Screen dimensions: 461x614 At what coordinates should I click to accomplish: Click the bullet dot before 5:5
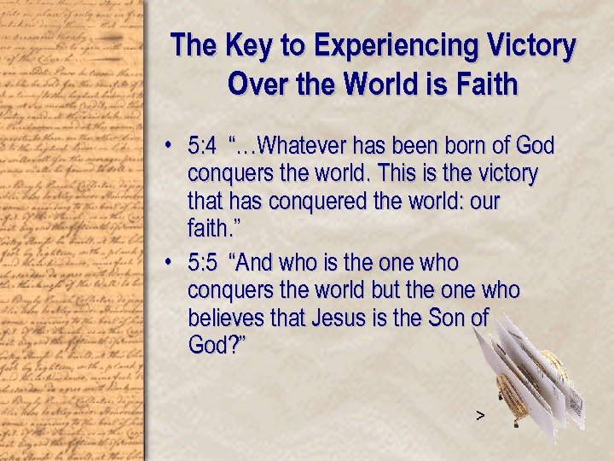click(x=171, y=263)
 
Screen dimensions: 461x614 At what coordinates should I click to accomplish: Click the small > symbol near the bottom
click(x=480, y=416)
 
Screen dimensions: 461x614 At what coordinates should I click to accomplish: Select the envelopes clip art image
click(x=530, y=376)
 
